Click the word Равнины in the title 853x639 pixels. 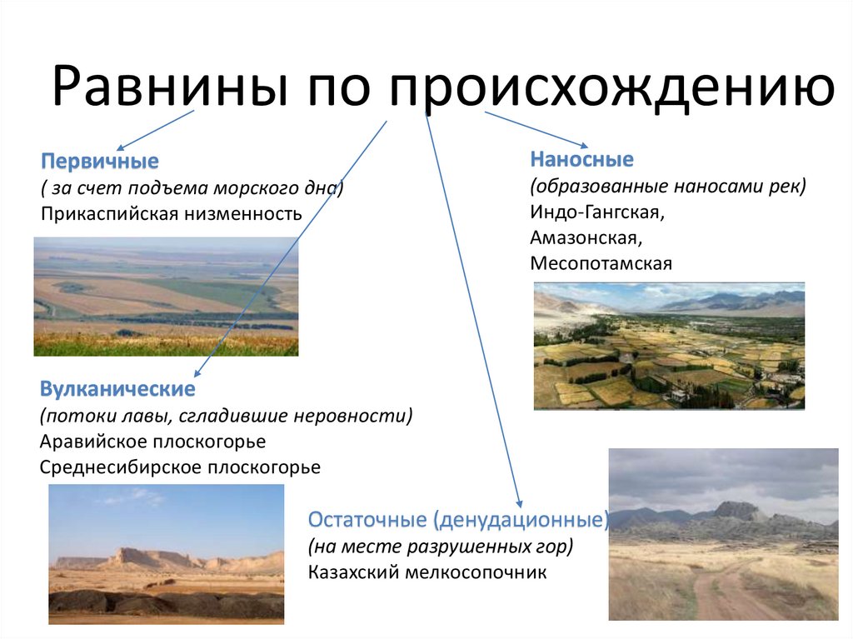click(170, 86)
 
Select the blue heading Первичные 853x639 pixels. click(100, 161)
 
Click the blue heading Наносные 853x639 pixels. click(582, 159)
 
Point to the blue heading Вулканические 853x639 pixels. click(117, 388)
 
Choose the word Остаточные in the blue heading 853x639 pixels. click(367, 520)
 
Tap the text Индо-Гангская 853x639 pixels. click(597, 212)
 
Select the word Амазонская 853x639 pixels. click(586, 238)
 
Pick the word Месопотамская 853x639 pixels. click(601, 263)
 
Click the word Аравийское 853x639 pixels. click(93, 442)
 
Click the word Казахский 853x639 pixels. click(354, 572)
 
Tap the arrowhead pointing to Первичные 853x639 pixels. click(120, 147)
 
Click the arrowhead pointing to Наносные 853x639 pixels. click(584, 145)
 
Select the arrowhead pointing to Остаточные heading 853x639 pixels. click(520, 503)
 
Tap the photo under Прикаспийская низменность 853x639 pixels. click(166, 297)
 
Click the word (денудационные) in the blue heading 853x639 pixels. click(521, 521)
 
